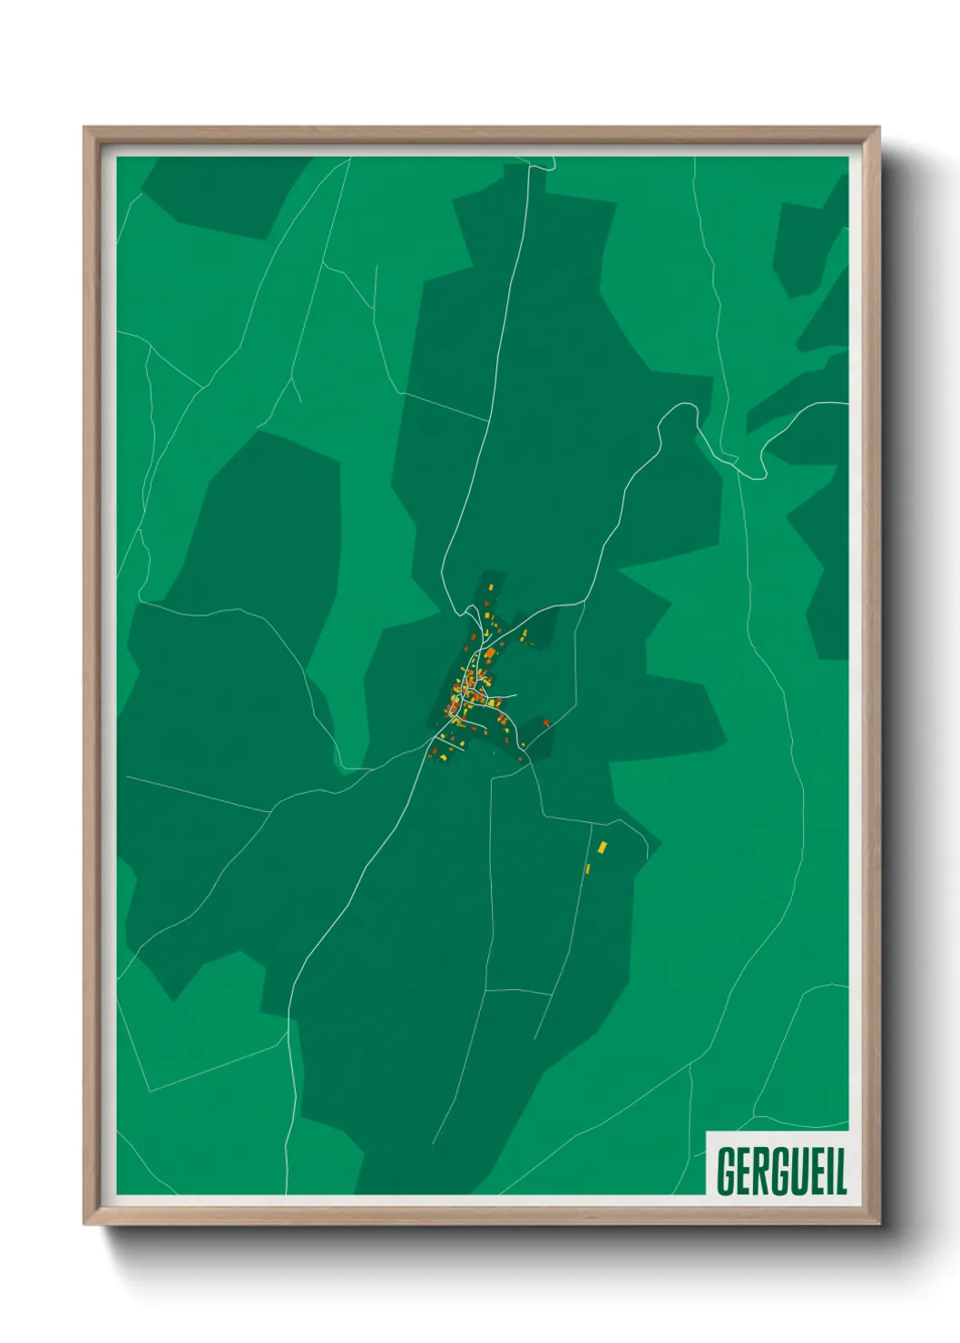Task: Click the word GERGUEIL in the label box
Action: click(780, 1171)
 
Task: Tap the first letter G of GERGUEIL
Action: click(727, 1171)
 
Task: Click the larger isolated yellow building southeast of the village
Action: click(602, 847)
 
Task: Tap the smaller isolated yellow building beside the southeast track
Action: click(588, 869)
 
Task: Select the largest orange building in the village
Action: click(490, 653)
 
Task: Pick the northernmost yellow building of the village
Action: click(493, 588)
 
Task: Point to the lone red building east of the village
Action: click(546, 722)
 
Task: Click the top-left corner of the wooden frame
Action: click(85, 129)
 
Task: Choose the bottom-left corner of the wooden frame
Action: click(85, 1223)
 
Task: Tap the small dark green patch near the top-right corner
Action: click(798, 245)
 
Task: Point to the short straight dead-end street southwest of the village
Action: click(451, 745)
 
